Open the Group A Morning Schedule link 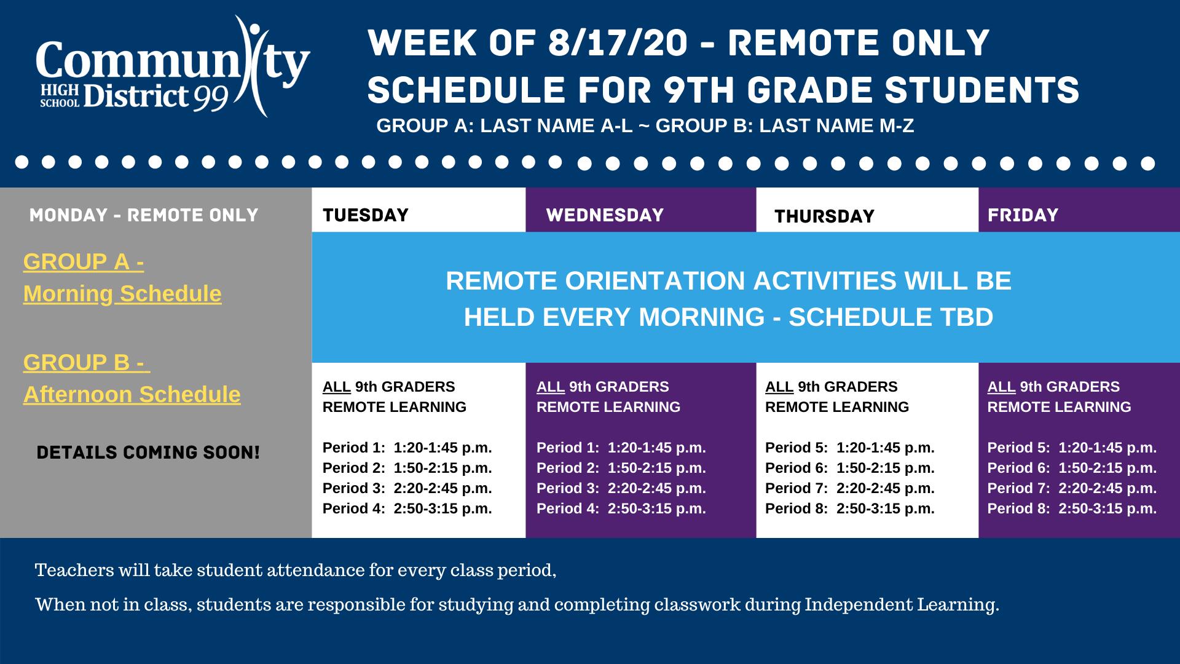(122, 278)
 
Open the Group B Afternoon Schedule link (132, 378)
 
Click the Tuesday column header (366, 215)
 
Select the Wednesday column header (605, 215)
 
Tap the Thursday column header (824, 216)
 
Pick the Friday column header (1023, 215)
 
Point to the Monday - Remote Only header (144, 215)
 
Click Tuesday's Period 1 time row (407, 448)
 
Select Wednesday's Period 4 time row (621, 508)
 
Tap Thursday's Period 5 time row (849, 448)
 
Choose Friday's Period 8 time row (1072, 508)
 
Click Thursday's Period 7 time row (849, 488)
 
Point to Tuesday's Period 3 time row (407, 488)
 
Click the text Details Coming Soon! (148, 453)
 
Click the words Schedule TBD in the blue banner (891, 317)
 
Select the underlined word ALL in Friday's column (1001, 387)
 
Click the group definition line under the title (645, 125)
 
